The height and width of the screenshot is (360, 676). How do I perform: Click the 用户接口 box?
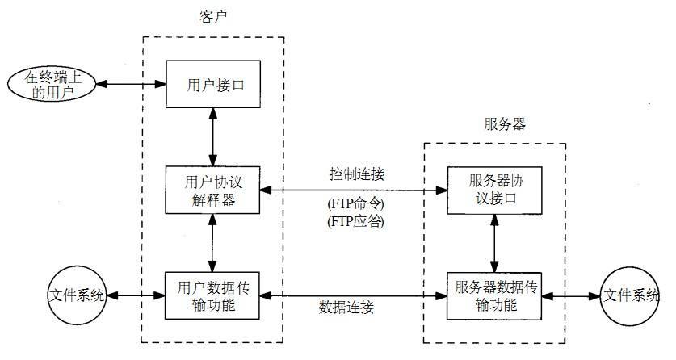click(x=213, y=82)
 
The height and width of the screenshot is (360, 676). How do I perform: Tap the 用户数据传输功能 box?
click(x=213, y=295)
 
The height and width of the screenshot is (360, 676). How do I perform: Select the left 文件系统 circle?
click(x=76, y=295)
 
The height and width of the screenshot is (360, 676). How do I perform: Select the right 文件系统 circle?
click(x=629, y=295)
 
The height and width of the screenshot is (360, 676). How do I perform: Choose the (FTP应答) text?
click(x=355, y=220)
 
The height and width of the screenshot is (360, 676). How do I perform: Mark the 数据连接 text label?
click(x=346, y=308)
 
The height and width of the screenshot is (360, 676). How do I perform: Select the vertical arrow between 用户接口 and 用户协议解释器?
click(x=213, y=136)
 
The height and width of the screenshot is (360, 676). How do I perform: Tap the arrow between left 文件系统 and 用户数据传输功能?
click(x=136, y=295)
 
